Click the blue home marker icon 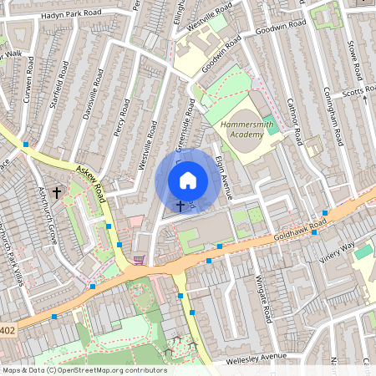[188, 180]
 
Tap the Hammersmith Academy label [248, 130]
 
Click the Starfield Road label [58, 79]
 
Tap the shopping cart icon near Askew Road [139, 260]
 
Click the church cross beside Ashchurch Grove [57, 192]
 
